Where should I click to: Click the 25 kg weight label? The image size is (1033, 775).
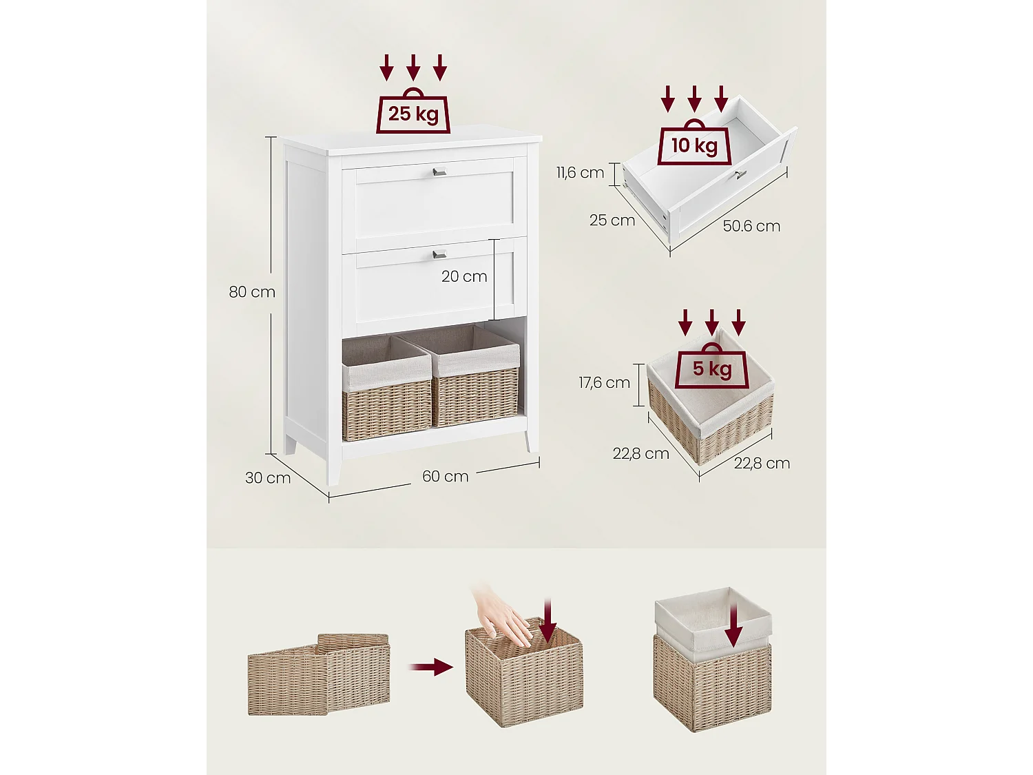[413, 114]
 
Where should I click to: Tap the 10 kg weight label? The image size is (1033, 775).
[694, 145]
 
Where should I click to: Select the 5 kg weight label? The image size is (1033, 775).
[712, 369]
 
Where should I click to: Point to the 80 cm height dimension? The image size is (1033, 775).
[252, 292]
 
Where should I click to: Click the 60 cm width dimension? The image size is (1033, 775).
[445, 477]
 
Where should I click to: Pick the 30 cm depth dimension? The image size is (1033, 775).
[268, 478]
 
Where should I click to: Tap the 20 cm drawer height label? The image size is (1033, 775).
[464, 277]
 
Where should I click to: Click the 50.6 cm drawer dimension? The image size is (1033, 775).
[751, 227]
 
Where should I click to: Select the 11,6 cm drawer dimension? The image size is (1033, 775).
[581, 173]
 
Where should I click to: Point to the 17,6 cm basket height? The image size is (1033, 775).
[604, 382]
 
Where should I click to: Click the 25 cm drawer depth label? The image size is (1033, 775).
[612, 220]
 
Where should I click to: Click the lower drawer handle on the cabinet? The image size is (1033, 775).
[439, 254]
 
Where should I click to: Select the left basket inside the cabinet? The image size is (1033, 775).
[387, 389]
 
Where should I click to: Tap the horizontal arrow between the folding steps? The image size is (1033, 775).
[431, 667]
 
